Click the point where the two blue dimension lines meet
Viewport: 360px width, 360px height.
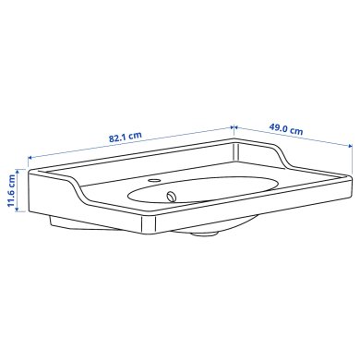coord(234,126)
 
